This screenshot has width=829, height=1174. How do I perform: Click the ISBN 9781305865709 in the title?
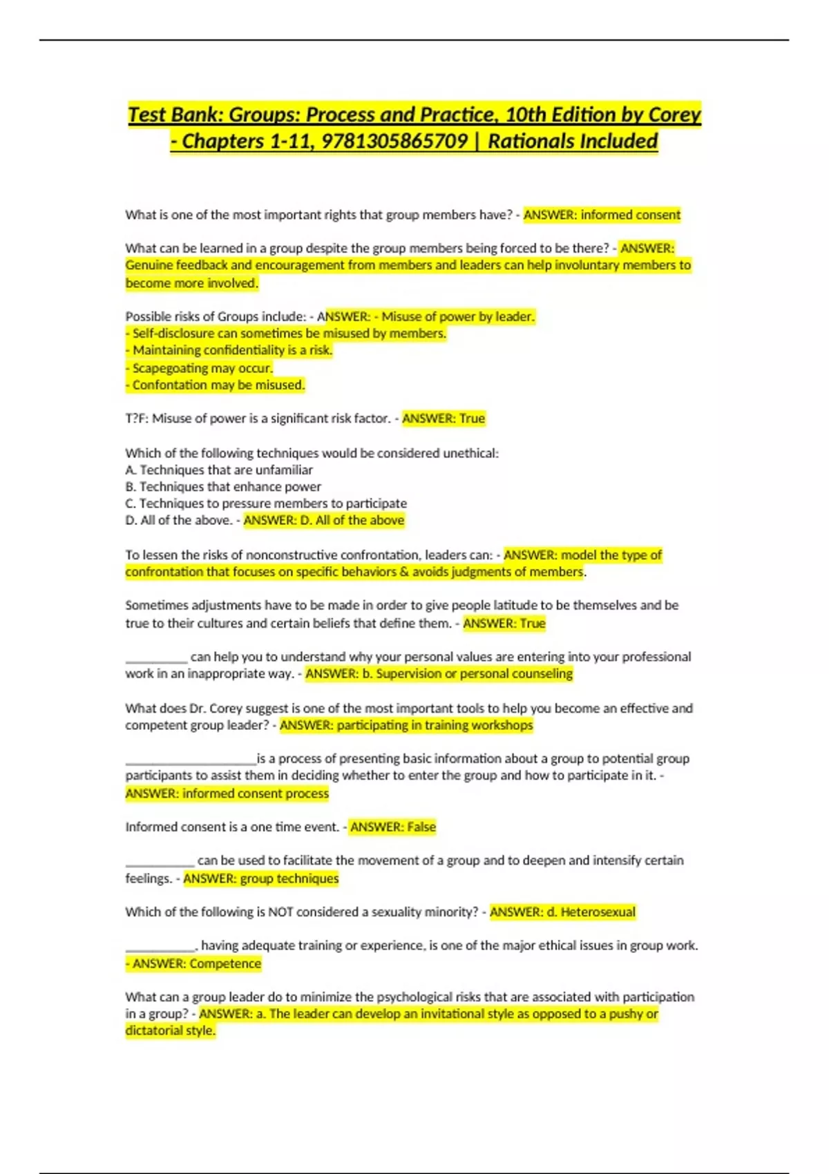coord(394,142)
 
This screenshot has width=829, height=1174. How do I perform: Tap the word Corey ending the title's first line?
coord(674,115)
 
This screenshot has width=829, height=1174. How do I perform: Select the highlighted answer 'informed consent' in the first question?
coord(630,215)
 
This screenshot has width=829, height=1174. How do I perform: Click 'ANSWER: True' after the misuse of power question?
coord(444,418)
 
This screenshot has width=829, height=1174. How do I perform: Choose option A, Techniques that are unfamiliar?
coord(219,470)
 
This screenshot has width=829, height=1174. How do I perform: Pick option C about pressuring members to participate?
coord(266,503)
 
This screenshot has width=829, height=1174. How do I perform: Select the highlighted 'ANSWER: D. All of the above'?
coord(324,520)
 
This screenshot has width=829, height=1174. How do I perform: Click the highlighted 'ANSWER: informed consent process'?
coord(227,793)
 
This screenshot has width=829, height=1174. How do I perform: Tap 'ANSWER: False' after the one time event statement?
coord(393,827)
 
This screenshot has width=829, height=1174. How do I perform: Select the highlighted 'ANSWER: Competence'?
coord(197,963)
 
